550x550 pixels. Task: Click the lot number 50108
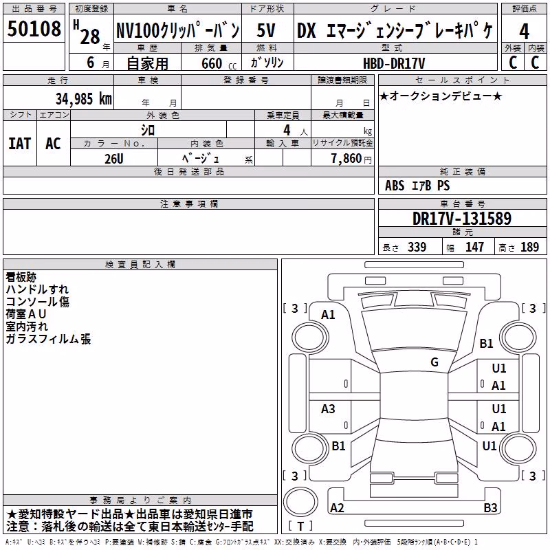pos(34,28)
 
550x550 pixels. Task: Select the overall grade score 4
pos(524,32)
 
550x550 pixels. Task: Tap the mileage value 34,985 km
pos(84,99)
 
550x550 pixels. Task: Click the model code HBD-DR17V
pos(394,63)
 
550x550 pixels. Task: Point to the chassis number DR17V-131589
pos(462,218)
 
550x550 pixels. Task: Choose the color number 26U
pos(114,159)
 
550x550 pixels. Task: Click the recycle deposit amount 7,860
pos(346,158)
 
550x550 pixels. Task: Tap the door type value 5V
pos(266,30)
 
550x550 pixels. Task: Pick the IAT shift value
pos(20,144)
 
